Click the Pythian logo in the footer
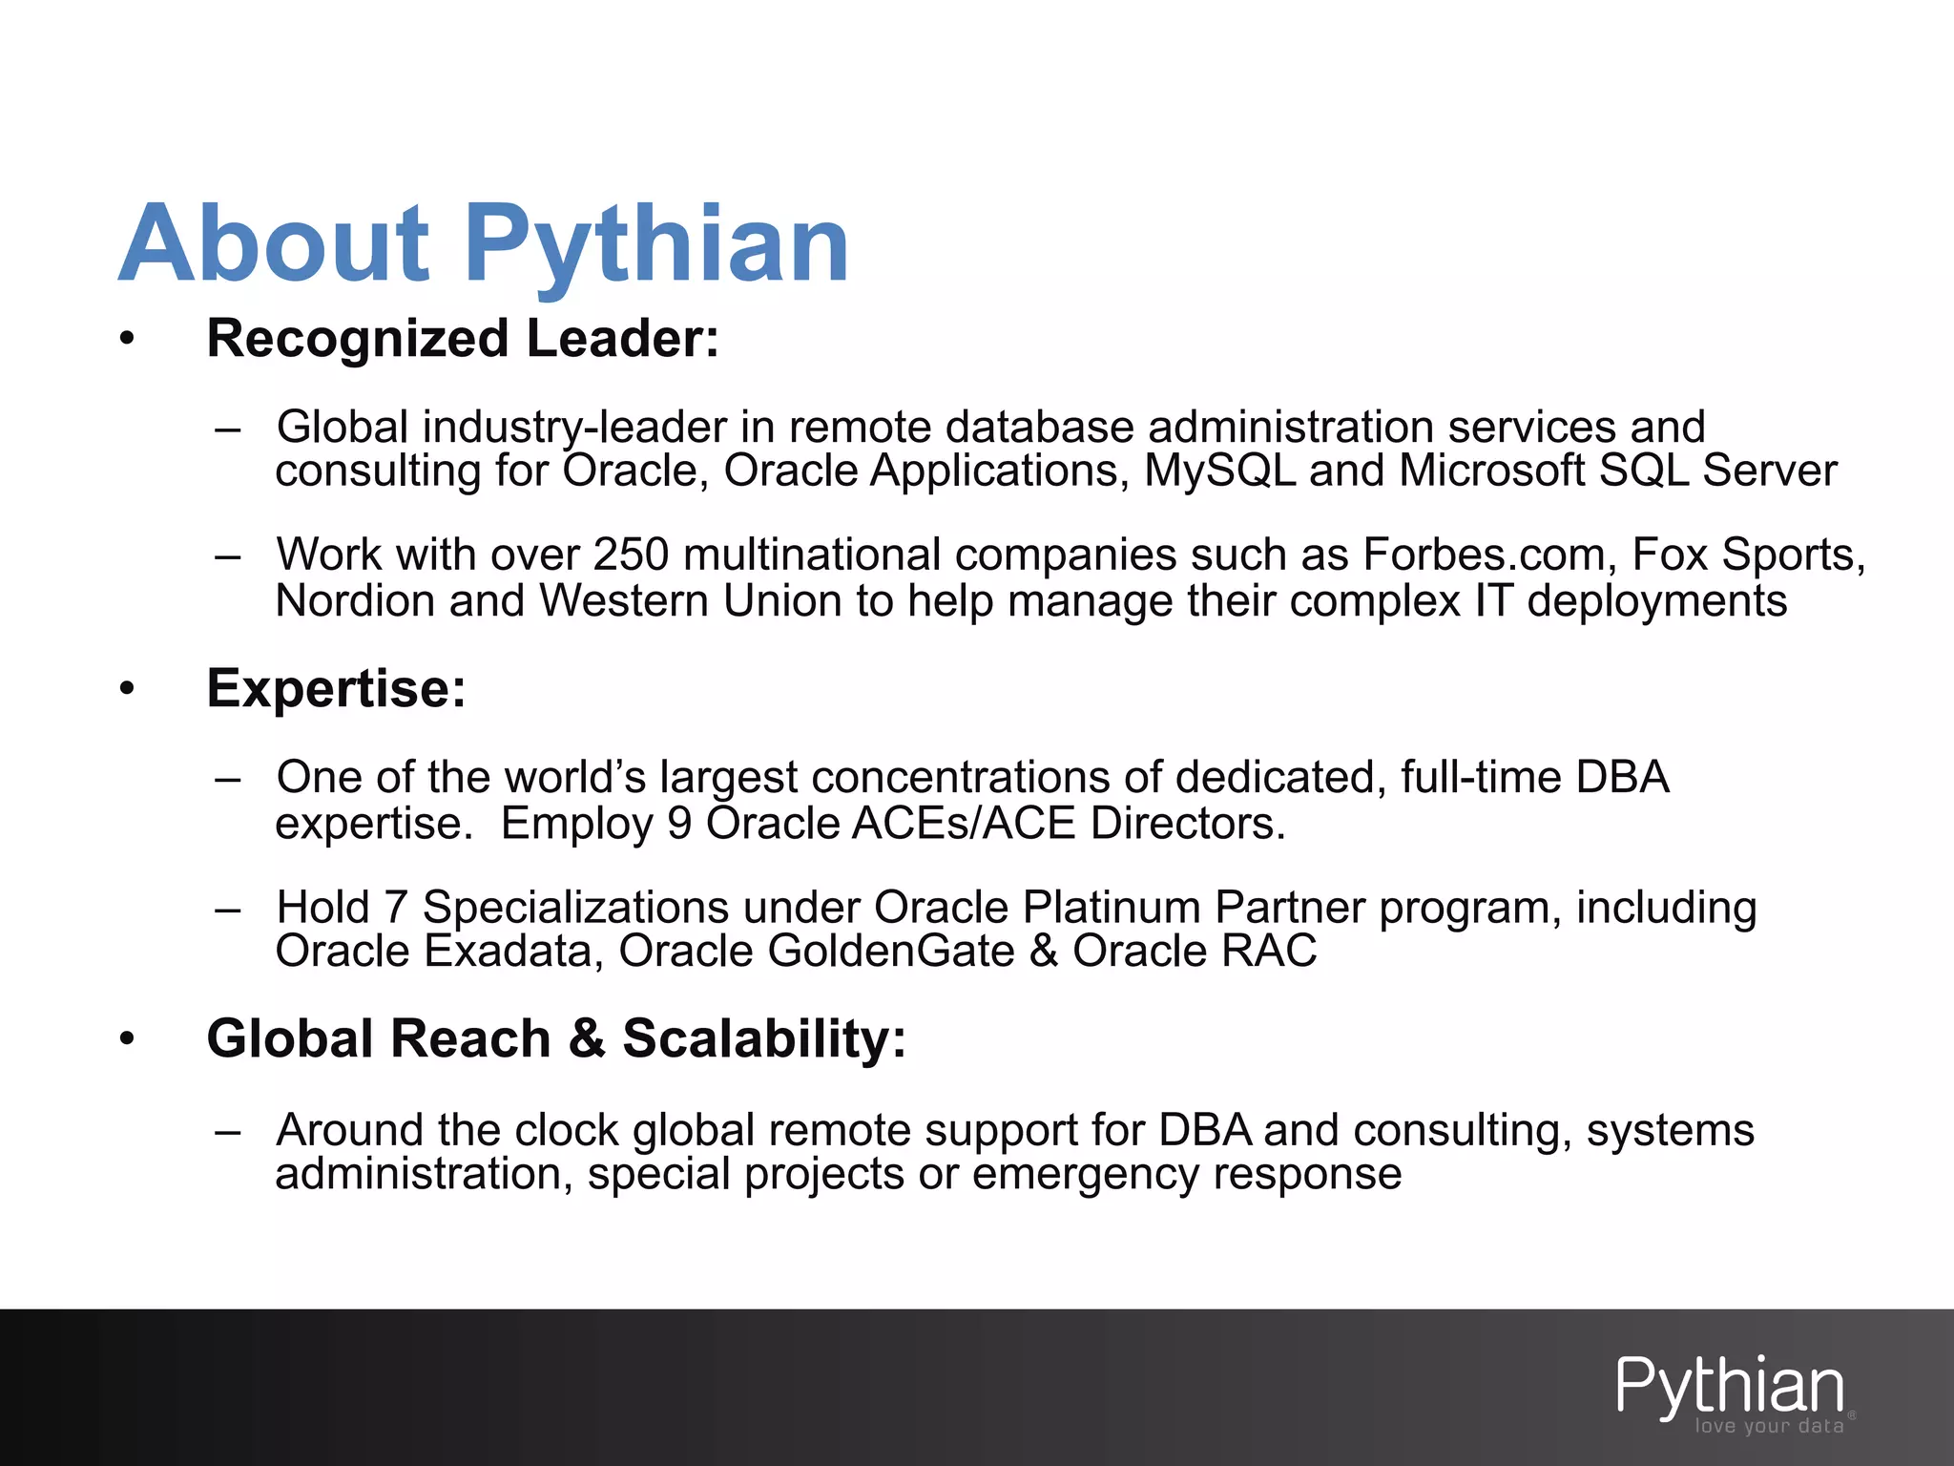pyautogui.click(x=1730, y=1386)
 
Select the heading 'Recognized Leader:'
pyautogui.click(x=463, y=339)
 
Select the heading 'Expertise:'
pyautogui.click(x=336, y=688)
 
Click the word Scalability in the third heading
pyautogui.click(x=763, y=1038)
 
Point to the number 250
pyautogui.click(x=631, y=555)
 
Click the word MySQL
pyautogui.click(x=1219, y=471)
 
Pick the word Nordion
pyautogui.click(x=354, y=601)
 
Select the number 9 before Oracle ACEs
pyautogui.click(x=678, y=824)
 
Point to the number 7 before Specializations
pyautogui.click(x=395, y=907)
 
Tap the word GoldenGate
pyautogui.click(x=891, y=951)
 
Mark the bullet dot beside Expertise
pyautogui.click(x=128, y=688)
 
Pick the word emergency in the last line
pyautogui.click(x=1085, y=1174)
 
